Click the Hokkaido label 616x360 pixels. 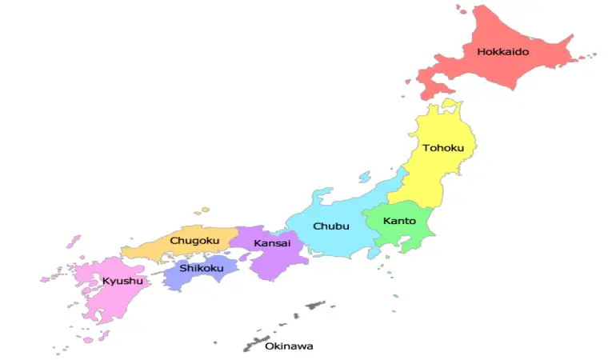tap(503, 52)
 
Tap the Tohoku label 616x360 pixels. tap(442, 148)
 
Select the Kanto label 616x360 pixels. tap(399, 220)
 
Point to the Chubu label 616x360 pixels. tap(330, 226)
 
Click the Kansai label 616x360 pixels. tap(271, 242)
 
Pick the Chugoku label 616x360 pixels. tap(194, 241)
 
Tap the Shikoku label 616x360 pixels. tap(201, 268)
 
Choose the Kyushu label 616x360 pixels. tap(122, 281)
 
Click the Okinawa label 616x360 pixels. tap(289, 346)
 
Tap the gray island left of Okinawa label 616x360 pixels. tap(254, 345)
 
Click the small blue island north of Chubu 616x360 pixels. tap(365, 178)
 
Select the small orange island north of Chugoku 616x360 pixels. tap(205, 210)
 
